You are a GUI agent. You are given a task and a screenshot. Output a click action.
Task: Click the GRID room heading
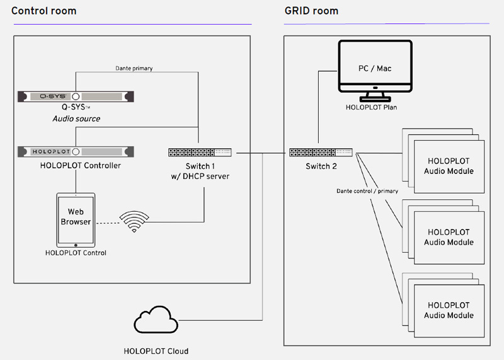point(311,11)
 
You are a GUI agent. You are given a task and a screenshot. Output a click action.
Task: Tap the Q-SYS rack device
point(76,97)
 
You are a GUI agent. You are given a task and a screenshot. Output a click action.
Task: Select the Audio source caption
point(76,119)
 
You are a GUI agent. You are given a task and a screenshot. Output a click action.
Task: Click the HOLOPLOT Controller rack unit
point(76,152)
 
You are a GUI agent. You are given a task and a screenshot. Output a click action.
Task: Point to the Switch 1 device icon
point(199,152)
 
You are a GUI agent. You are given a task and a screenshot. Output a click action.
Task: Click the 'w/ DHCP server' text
point(199,177)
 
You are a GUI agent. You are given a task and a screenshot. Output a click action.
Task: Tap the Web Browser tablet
point(76,221)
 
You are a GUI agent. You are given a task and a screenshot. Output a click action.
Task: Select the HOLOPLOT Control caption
point(76,253)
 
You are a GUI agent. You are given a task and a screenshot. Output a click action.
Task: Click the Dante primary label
point(134,67)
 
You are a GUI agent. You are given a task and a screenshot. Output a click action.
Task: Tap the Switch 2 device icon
point(321,152)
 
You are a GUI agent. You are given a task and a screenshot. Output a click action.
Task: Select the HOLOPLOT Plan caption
point(375,107)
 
